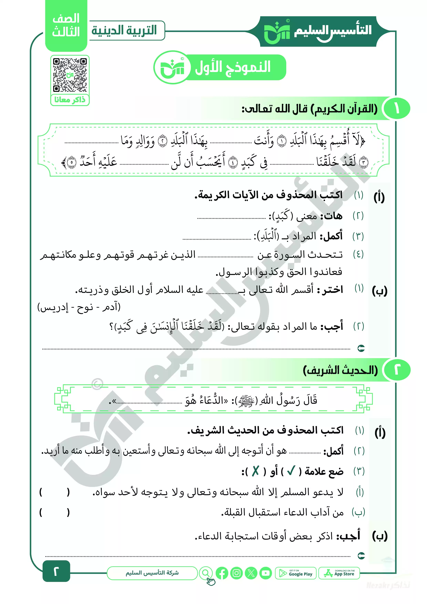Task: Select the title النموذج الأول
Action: [x=233, y=67]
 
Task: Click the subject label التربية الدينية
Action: [x=124, y=30]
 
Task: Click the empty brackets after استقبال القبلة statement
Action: [x=54, y=512]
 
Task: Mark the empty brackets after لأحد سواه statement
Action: [x=54, y=492]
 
